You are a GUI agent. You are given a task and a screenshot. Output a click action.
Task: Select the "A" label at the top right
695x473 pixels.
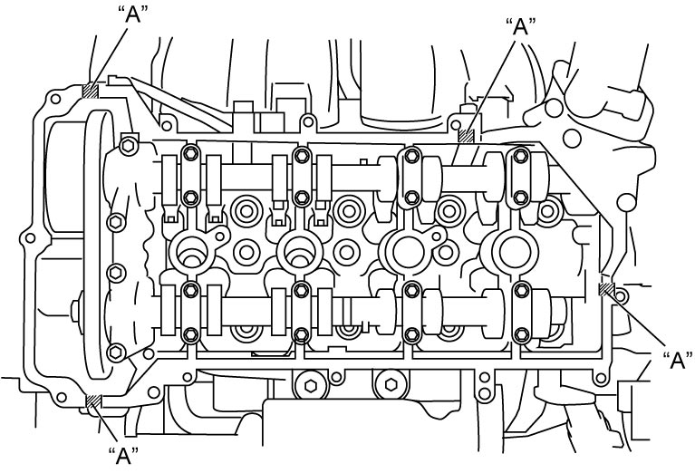(x=521, y=26)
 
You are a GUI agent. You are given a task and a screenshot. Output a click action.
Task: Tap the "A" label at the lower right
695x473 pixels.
(x=677, y=361)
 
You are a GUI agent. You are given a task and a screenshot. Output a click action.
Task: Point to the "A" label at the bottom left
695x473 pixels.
(x=123, y=456)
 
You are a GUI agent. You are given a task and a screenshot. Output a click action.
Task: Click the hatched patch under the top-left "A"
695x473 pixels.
(x=91, y=91)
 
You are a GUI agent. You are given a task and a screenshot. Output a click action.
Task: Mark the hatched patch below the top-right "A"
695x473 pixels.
(x=466, y=136)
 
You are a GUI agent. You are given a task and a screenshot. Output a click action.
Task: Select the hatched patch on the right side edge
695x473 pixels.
(x=606, y=289)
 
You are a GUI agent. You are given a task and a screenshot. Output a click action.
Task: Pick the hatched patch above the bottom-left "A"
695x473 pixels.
(x=93, y=401)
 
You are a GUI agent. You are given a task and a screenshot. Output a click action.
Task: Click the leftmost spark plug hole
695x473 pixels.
(x=190, y=250)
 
